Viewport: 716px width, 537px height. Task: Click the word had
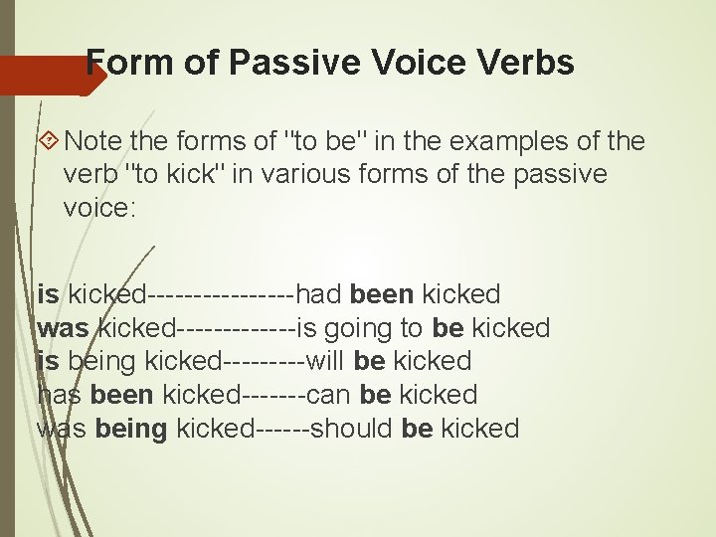(x=319, y=294)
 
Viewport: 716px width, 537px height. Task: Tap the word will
(x=327, y=361)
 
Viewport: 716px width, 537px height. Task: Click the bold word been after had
(x=382, y=294)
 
